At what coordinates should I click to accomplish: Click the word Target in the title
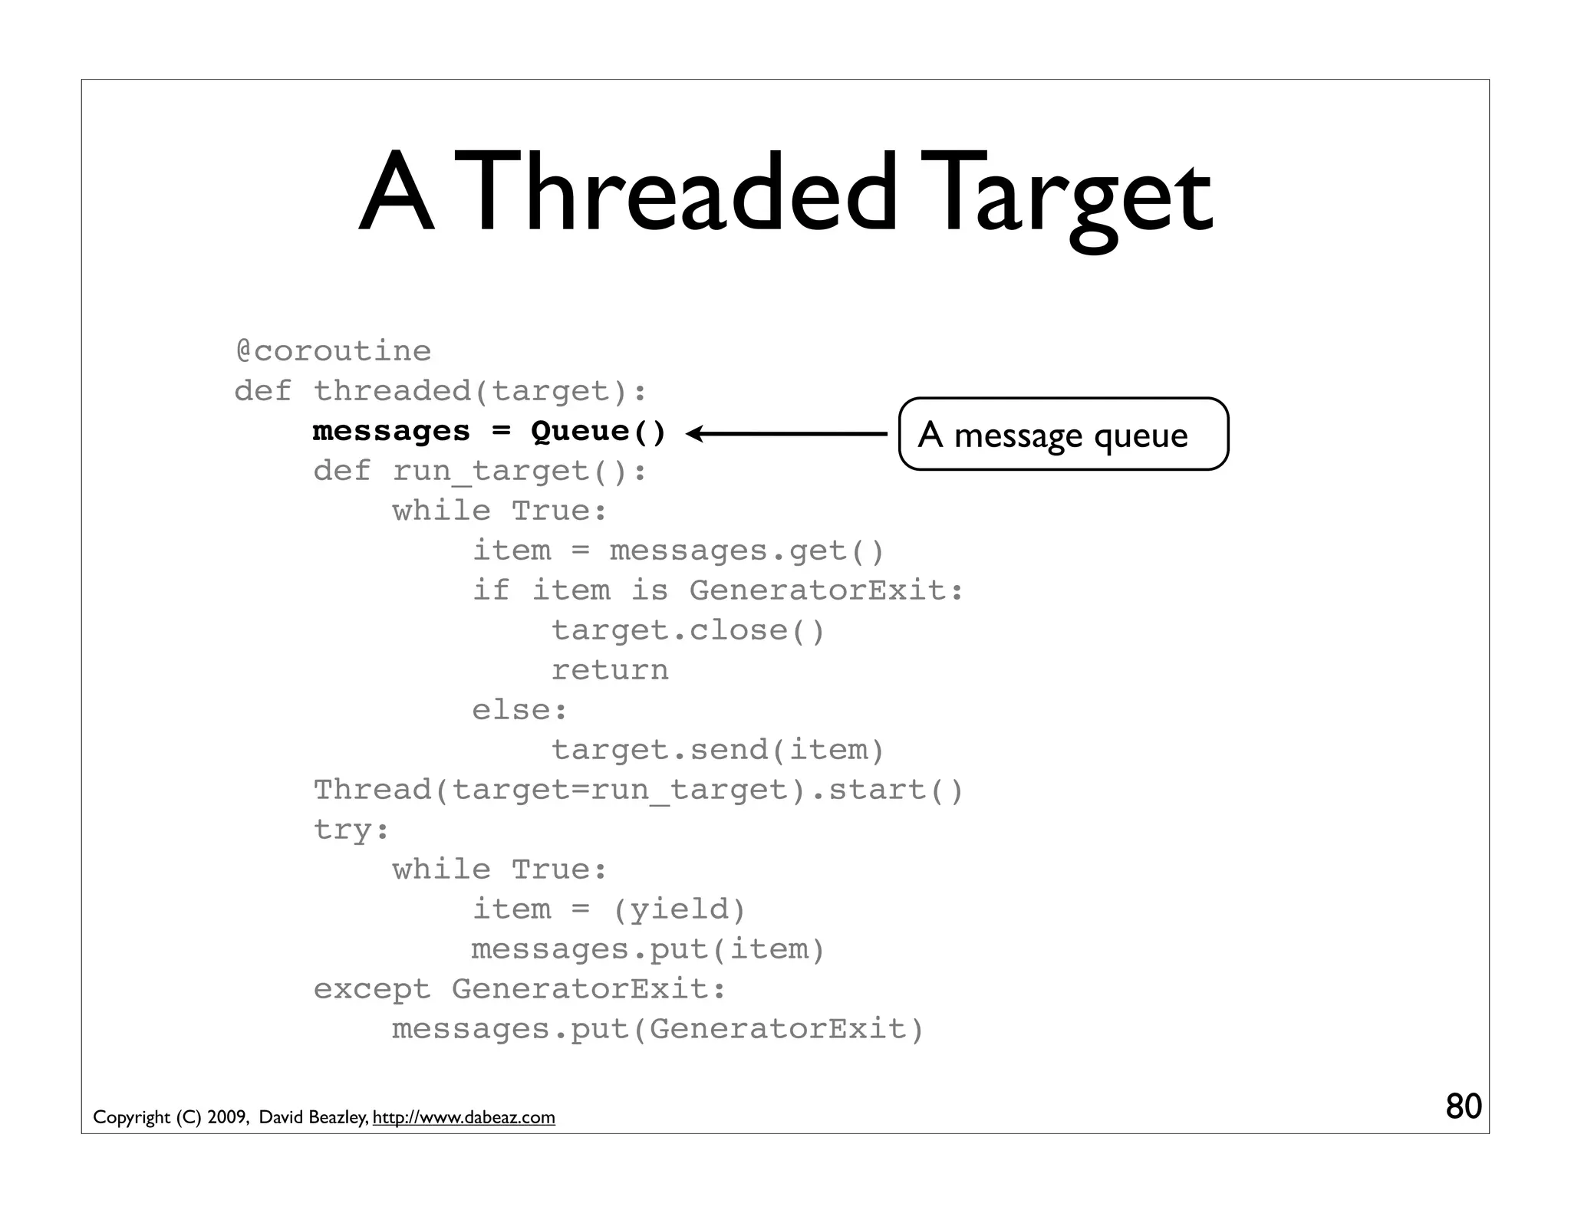(1071, 196)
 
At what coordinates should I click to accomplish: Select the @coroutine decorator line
(333, 351)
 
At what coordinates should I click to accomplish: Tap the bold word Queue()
(598, 431)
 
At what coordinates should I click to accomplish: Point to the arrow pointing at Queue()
(786, 434)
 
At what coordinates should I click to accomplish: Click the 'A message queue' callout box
(1062, 434)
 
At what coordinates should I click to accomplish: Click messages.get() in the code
(747, 551)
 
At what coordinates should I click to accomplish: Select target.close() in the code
(687, 630)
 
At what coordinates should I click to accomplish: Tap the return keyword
(610, 670)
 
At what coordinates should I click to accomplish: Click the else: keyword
(519, 710)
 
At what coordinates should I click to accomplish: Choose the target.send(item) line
(718, 750)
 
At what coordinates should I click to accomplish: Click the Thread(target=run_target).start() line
(638, 790)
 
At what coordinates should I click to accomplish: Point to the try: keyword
(351, 830)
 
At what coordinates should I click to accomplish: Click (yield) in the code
(679, 909)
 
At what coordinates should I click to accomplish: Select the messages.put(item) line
(648, 949)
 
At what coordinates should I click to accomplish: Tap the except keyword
(372, 989)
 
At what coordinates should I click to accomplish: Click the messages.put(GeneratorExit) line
(658, 1029)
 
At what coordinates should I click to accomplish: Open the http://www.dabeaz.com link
(463, 1117)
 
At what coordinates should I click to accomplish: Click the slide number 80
(1463, 1106)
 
